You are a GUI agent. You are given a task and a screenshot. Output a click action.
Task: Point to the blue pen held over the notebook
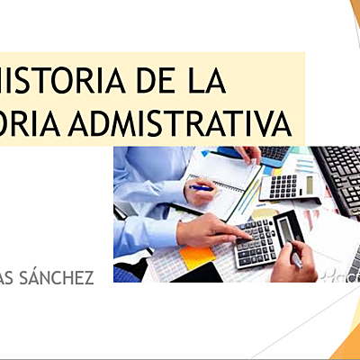pos(203,187)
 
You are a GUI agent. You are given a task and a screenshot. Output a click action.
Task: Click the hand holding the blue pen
pos(202,193)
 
